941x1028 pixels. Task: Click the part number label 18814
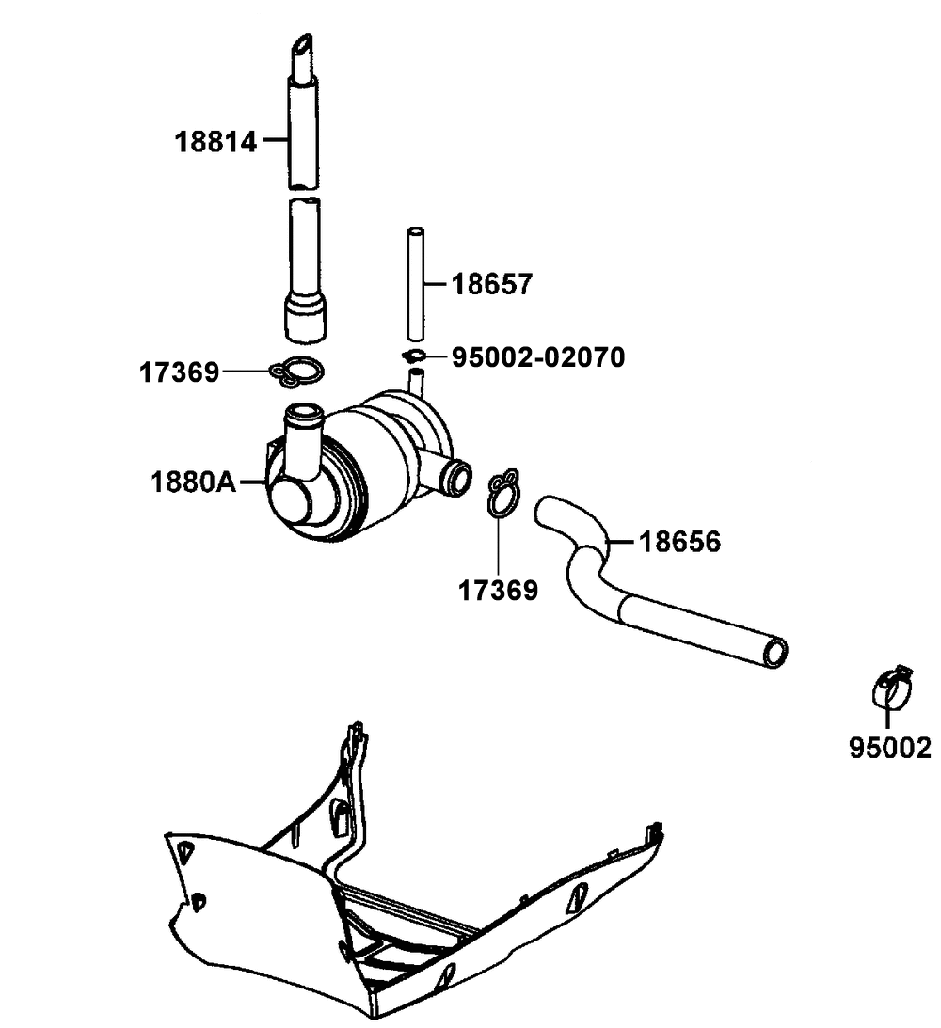click(x=215, y=142)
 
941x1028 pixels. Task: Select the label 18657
click(x=492, y=283)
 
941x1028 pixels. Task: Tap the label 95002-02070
click(x=538, y=357)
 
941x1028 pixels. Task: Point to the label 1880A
click(x=193, y=483)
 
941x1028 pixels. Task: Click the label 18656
click(x=680, y=542)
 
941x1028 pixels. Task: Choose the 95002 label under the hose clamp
click(x=889, y=748)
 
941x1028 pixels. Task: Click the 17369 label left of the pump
click(x=180, y=372)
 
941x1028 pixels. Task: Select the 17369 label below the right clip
click(x=499, y=591)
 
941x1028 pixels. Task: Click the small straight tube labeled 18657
click(x=415, y=282)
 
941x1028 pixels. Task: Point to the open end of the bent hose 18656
click(x=775, y=652)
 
